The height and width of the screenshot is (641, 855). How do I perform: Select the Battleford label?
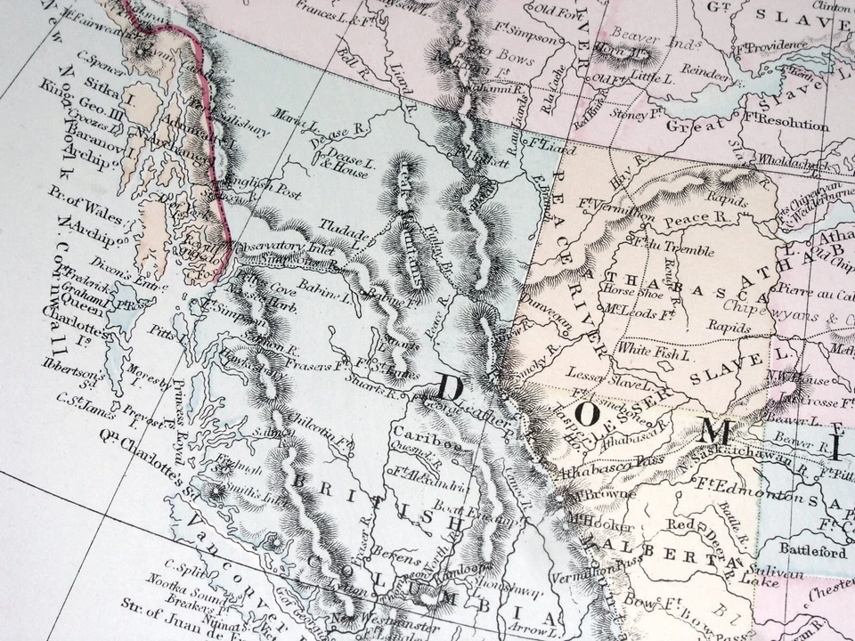click(x=811, y=551)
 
